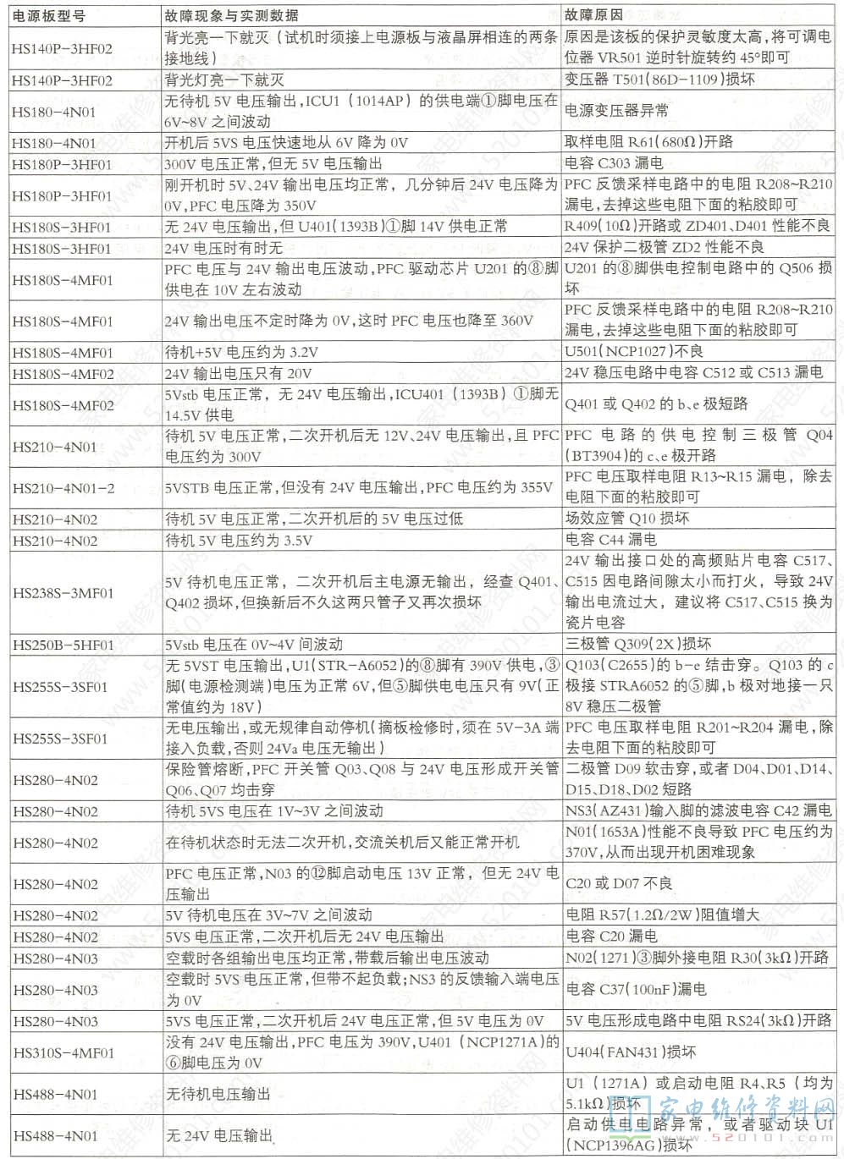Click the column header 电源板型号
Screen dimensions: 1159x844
(49, 15)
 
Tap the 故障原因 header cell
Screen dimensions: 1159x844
(593, 15)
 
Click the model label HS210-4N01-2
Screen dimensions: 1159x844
(63, 488)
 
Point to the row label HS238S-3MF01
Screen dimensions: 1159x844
(63, 593)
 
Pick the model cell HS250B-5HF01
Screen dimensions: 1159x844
(63, 645)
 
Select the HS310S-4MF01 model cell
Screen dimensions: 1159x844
(63, 1052)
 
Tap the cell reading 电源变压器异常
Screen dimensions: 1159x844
(616, 111)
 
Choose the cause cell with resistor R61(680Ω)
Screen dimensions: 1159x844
(648, 142)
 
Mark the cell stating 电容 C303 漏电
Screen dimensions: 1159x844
(614, 163)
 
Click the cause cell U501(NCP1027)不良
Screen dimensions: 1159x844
(633, 351)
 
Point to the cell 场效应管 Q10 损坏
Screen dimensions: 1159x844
(626, 519)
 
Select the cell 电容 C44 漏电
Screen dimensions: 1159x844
(610, 540)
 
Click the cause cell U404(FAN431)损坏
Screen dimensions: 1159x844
(631, 1052)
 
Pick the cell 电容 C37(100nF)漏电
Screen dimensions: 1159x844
(636, 989)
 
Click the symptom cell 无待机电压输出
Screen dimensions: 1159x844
(218, 1095)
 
